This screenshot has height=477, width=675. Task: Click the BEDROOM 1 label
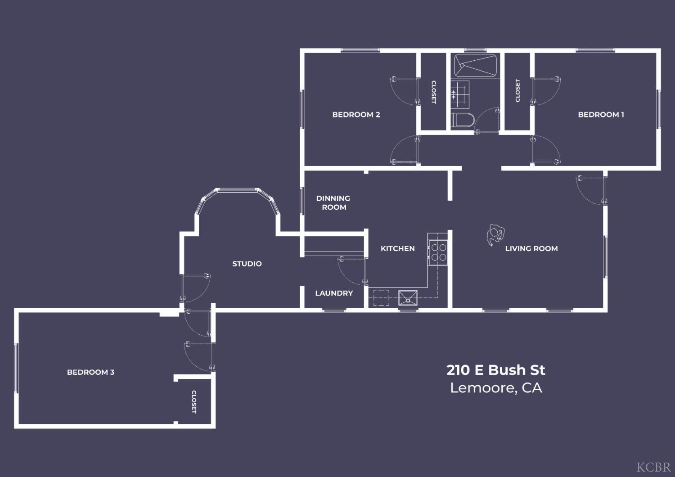[x=601, y=115]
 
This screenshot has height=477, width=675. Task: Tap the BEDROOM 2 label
[x=356, y=115]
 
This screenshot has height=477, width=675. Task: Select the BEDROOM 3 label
[x=90, y=372]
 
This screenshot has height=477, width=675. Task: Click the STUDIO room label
[x=247, y=264]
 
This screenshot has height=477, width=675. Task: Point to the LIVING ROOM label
[x=531, y=248]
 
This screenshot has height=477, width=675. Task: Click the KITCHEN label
[x=397, y=248]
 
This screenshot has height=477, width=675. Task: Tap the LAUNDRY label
[x=334, y=293]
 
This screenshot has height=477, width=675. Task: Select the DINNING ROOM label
[x=333, y=202]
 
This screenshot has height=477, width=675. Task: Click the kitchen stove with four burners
[x=438, y=252]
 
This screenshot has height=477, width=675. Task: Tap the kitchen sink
[x=408, y=298]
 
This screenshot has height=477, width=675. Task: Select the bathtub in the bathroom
[x=475, y=66]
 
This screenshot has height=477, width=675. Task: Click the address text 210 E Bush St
[x=495, y=370]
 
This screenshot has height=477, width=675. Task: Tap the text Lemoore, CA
[x=495, y=388]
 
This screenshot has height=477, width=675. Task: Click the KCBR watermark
[x=653, y=467]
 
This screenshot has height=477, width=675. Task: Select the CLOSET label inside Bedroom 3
[x=194, y=401]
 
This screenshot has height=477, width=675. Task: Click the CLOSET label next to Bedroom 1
[x=517, y=90]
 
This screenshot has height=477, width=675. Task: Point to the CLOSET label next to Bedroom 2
[x=434, y=92]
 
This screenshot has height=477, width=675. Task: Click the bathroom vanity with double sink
[x=460, y=94]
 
